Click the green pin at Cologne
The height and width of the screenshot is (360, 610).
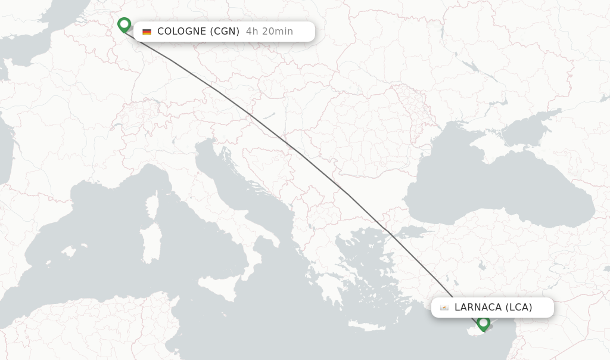124,24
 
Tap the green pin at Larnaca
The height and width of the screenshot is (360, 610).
484,323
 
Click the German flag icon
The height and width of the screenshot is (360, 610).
147,32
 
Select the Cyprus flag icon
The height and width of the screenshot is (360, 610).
444,308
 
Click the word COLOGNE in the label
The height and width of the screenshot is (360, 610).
181,32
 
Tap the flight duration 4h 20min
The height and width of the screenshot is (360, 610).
269,32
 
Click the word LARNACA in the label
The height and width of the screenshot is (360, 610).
478,308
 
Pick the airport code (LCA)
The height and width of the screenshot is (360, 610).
519,308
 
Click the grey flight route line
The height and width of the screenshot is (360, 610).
298,151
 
